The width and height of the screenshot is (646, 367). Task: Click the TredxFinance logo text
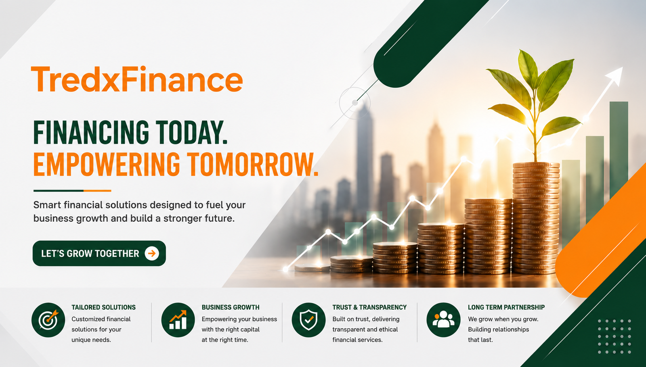coord(137,79)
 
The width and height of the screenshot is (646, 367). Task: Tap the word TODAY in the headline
coord(191,132)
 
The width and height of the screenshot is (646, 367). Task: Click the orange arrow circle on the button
coord(152,254)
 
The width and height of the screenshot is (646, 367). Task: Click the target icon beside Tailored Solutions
coord(48,320)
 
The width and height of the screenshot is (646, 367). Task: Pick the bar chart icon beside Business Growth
coord(178,320)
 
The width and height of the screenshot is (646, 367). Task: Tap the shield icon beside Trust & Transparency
coord(308,320)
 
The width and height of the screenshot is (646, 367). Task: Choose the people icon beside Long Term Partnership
coord(444,320)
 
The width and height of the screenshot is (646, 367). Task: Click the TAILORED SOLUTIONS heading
coord(103,307)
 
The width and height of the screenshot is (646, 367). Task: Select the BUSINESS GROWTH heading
coord(231,307)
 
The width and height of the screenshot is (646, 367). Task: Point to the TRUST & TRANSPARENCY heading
coord(369,307)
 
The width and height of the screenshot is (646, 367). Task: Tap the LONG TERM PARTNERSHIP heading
coord(506,307)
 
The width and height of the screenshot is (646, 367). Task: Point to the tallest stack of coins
coord(536,218)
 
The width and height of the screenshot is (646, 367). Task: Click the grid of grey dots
coord(614,336)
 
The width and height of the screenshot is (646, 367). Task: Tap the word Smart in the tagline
coord(47,205)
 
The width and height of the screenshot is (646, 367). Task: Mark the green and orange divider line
coord(72,191)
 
